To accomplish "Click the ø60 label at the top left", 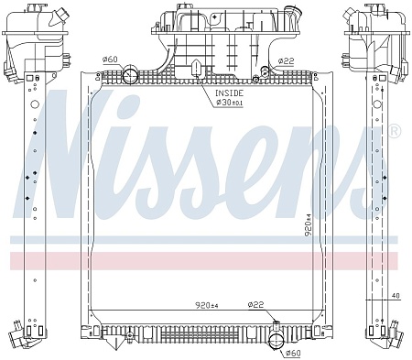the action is (110, 60).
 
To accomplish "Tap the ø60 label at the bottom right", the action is (293, 353).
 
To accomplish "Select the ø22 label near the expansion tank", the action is (286, 61).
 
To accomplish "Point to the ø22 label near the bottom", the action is (255, 304).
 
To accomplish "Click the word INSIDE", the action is (229, 93).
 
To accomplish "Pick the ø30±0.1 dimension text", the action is (229, 103).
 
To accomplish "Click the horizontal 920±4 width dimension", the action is (207, 305).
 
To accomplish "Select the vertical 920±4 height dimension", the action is (309, 224).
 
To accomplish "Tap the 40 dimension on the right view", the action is (396, 296).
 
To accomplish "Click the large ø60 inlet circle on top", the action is (130, 75).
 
